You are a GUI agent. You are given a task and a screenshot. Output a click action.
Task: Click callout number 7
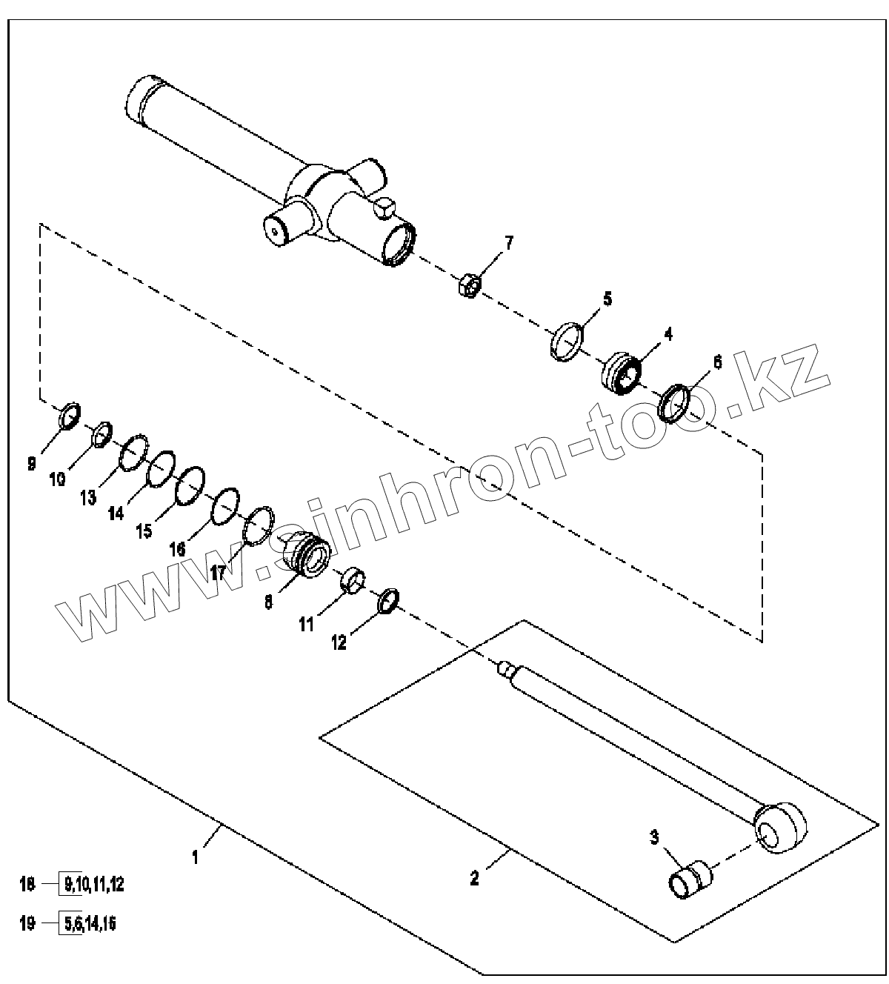click(x=509, y=243)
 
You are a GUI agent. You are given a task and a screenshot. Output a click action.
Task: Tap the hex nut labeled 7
click(x=469, y=283)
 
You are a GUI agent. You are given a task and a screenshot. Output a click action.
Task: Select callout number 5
click(x=607, y=299)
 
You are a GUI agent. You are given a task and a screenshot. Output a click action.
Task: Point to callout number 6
click(x=716, y=362)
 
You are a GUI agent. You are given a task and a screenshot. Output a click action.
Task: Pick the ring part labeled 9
click(x=69, y=416)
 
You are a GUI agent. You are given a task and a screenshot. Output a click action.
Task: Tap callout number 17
click(x=218, y=572)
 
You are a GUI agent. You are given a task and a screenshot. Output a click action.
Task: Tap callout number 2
click(x=474, y=878)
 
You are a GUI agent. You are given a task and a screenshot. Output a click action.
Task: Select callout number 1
click(x=196, y=857)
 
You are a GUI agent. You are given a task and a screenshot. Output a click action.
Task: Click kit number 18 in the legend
click(x=27, y=884)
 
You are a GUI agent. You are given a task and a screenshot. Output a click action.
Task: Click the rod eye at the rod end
click(x=779, y=828)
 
